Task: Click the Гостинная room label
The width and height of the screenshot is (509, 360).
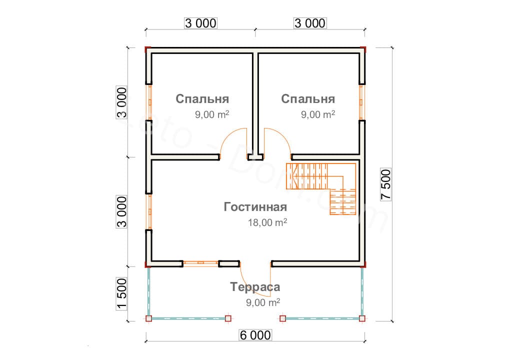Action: point(255,207)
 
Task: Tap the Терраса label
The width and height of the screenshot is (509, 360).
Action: point(255,287)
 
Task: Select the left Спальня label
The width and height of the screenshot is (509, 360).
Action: point(202,98)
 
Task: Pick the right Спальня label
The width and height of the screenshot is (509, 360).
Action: point(308,98)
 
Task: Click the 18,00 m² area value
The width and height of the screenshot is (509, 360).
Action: point(267,222)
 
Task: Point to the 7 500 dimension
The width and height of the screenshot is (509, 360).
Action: point(385,184)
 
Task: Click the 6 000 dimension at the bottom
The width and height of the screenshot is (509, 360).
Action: point(255,335)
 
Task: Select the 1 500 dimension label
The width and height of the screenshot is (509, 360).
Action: point(121,294)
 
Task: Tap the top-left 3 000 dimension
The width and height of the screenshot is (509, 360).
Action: point(200,23)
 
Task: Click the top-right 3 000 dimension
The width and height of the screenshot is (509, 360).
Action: point(310,23)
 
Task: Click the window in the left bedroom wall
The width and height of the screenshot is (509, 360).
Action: point(149,102)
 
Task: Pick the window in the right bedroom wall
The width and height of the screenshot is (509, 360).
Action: point(361,102)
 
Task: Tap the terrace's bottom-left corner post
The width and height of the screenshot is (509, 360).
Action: point(148,318)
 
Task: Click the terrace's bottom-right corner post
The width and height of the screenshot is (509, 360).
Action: point(362,318)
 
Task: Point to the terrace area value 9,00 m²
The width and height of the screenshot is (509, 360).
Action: point(263,302)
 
